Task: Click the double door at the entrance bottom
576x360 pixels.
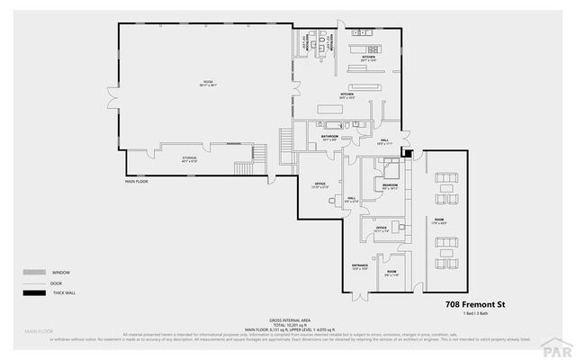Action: coord(360,295)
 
